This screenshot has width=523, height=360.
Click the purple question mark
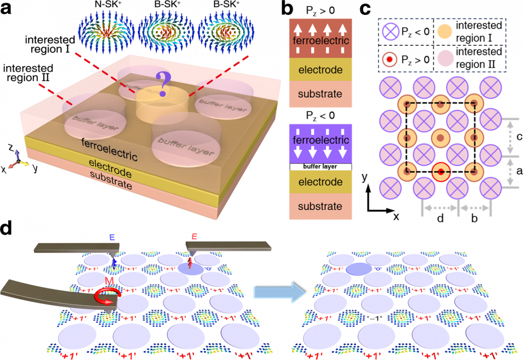[163, 85]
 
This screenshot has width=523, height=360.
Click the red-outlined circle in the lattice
[441, 172]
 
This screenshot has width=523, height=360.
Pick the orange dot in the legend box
[445, 32]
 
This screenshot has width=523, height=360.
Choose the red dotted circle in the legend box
[389, 58]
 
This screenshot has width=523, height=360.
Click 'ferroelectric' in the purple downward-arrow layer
[320, 140]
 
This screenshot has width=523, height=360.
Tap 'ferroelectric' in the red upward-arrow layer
[320, 41]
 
